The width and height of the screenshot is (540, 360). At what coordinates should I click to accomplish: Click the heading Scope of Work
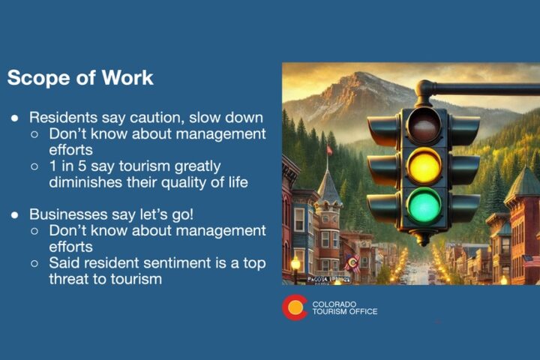(80, 77)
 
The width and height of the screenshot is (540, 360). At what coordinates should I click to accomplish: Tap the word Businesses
(67, 214)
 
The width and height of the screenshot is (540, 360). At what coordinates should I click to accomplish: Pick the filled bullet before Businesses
(16, 214)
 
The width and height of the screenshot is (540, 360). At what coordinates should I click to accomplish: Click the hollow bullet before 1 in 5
(36, 166)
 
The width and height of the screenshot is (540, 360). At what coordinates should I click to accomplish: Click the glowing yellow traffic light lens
(424, 165)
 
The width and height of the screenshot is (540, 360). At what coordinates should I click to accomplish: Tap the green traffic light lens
(424, 205)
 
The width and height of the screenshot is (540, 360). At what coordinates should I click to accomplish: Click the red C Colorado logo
(294, 307)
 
